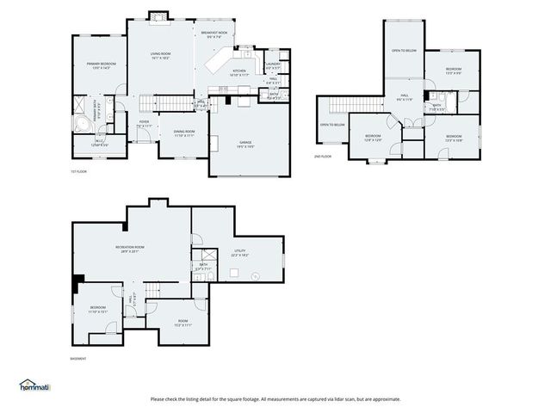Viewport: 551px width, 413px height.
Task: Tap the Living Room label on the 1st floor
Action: [x=161, y=54]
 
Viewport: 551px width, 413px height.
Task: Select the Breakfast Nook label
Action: [x=214, y=34]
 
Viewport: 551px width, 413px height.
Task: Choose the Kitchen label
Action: [x=239, y=73]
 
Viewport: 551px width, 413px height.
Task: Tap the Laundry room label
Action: [x=273, y=65]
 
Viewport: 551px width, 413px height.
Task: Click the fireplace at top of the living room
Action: [x=159, y=15]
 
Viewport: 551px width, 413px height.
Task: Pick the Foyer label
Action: [x=145, y=124]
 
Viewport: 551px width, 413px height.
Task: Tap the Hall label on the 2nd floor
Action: [x=404, y=97]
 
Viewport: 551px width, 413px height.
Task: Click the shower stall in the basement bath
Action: [x=207, y=256]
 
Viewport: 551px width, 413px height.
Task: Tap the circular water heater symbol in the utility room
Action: [x=255, y=276]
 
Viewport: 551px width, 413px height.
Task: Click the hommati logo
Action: [x=34, y=385]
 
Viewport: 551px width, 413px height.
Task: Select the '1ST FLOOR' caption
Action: [x=79, y=171]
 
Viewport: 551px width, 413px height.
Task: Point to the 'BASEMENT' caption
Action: [x=78, y=358]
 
